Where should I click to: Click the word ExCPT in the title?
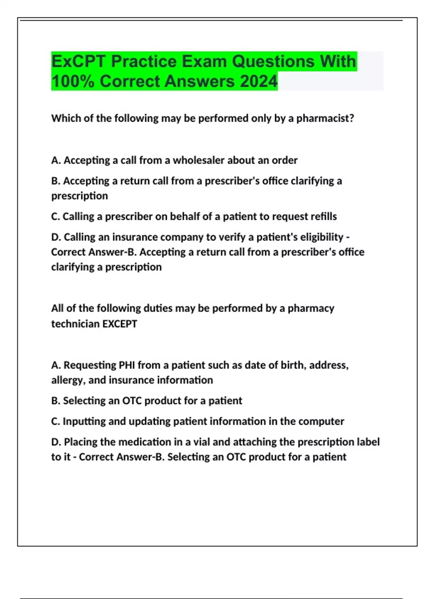(x=78, y=61)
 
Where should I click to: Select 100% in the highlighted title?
(x=73, y=81)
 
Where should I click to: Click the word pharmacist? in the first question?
(x=325, y=118)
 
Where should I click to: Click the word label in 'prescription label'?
(x=368, y=442)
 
